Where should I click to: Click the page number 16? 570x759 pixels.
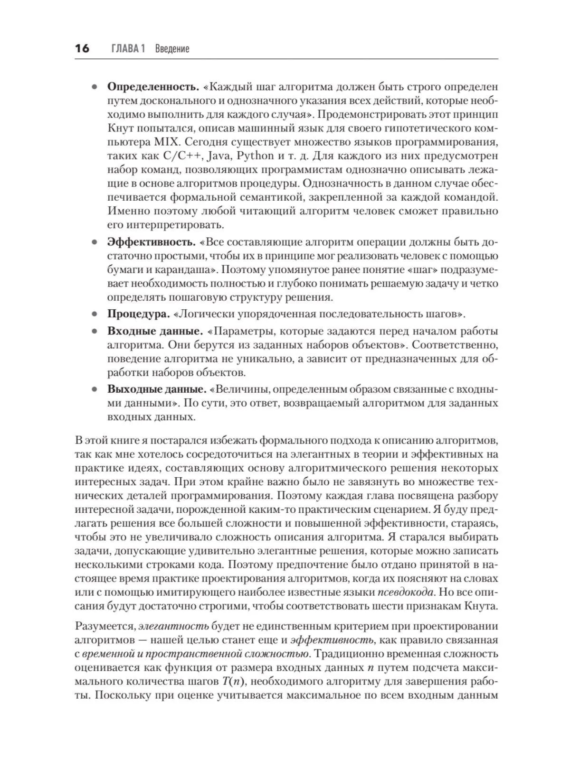82,48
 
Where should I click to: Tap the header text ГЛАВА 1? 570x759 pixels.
127,48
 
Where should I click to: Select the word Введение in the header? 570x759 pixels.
172,48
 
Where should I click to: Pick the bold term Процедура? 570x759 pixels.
138,314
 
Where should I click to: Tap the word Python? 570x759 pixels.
255,156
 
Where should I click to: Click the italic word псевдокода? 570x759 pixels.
405,592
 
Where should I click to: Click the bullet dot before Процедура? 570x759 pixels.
95,314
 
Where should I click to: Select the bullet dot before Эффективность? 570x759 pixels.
95,242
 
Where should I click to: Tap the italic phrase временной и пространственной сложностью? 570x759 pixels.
195,654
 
